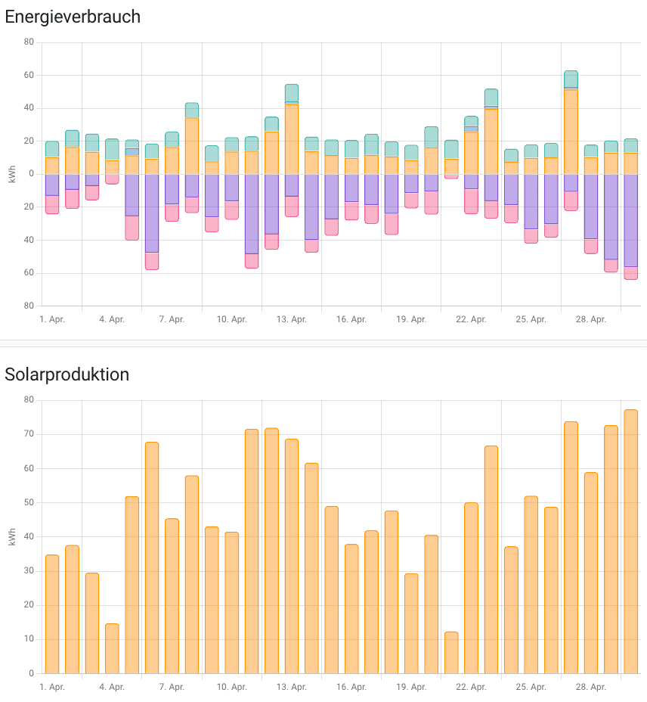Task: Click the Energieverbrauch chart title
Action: point(73,17)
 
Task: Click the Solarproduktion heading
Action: point(67,374)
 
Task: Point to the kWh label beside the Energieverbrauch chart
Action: point(11,174)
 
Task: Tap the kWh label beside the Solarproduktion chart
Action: point(11,537)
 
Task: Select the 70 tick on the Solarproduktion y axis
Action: point(29,434)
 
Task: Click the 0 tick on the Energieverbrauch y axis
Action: point(31,174)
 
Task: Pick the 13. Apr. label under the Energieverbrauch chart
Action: point(292,319)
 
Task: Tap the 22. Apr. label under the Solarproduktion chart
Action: point(472,687)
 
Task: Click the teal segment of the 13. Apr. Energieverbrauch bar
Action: point(292,93)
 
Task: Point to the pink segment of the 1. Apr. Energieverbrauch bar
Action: point(52,204)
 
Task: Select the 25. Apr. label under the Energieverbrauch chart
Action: point(531,319)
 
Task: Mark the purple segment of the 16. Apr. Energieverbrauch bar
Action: point(351,188)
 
